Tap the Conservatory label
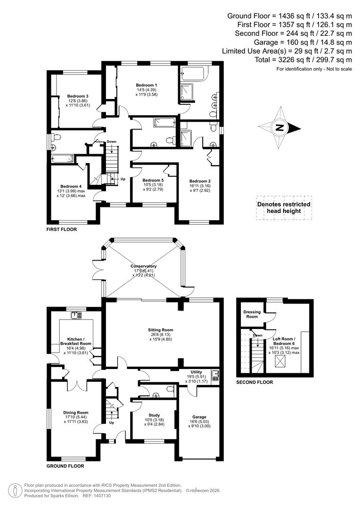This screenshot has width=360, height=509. (x=144, y=266)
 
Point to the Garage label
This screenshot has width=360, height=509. (x=198, y=417)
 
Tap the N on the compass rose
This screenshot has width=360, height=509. (x=279, y=127)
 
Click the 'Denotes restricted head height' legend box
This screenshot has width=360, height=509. (x=284, y=208)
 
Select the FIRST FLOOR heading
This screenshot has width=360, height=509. (x=61, y=230)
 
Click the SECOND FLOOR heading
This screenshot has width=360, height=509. (x=254, y=383)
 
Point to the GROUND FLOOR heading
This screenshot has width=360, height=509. (x=65, y=466)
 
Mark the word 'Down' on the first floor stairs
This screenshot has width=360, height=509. (x=111, y=142)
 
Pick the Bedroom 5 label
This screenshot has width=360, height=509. (x=153, y=181)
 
